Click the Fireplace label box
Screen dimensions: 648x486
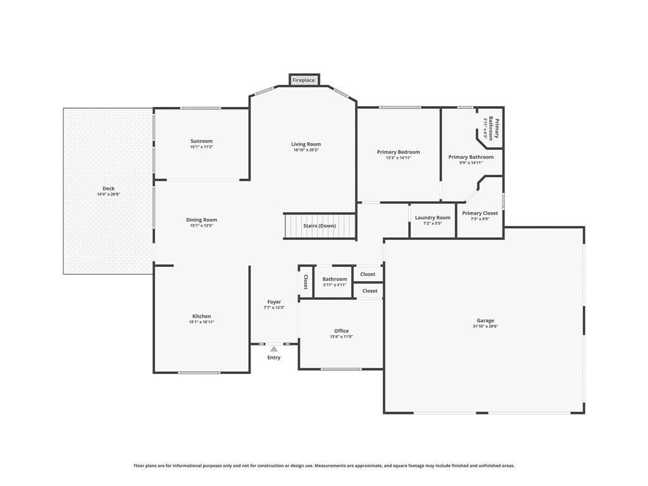point(304,80)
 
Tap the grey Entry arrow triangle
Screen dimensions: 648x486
point(274,349)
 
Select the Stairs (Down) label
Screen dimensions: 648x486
point(320,226)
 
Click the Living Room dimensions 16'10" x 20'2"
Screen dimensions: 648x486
point(306,150)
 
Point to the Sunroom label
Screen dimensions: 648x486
point(202,141)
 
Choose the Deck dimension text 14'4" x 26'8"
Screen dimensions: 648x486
point(109,194)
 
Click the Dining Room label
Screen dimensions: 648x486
point(202,220)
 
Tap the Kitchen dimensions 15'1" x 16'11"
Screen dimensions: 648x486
point(202,322)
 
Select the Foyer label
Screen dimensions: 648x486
point(274,302)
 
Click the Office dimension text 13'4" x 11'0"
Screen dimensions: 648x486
point(341,337)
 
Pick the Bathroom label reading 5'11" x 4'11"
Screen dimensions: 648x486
point(335,285)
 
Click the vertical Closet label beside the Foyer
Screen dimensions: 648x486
point(306,282)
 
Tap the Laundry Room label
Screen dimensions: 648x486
point(433,218)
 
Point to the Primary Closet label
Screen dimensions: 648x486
point(480,213)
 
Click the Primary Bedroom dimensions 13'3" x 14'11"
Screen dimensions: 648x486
point(399,158)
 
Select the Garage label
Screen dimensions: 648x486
point(485,320)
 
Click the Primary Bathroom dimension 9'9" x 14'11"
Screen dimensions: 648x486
point(471,163)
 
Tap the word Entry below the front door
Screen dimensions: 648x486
point(274,358)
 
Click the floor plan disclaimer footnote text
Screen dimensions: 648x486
point(324,466)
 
